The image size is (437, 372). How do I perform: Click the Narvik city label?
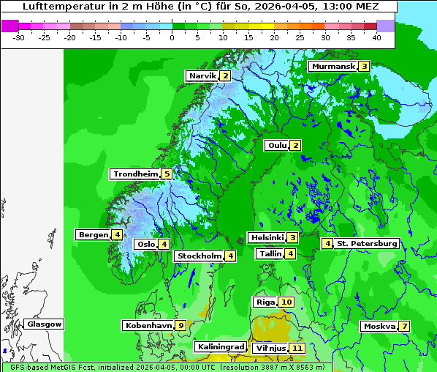[202, 76]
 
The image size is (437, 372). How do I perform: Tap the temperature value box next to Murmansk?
[363, 67]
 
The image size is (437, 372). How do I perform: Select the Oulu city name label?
[277, 146]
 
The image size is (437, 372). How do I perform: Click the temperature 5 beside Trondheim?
[167, 174]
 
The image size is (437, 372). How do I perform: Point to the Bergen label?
[94, 235]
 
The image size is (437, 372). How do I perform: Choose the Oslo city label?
[145, 245]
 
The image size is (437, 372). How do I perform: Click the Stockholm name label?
[199, 256]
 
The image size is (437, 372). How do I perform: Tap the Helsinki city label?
[266, 238]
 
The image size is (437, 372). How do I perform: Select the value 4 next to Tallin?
[291, 254]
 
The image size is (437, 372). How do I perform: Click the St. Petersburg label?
[367, 244]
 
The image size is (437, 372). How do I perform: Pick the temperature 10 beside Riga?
[286, 302]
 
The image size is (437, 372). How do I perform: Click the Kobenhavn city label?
[148, 325]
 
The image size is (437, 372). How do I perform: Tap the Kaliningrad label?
[221, 347]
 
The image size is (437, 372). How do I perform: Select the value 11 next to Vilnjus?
[296, 349]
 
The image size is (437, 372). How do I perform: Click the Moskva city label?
[379, 327]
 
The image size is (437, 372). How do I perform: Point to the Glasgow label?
[44, 324]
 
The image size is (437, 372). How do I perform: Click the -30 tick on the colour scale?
[19, 37]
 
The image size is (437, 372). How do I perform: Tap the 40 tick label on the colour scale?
[376, 37]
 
